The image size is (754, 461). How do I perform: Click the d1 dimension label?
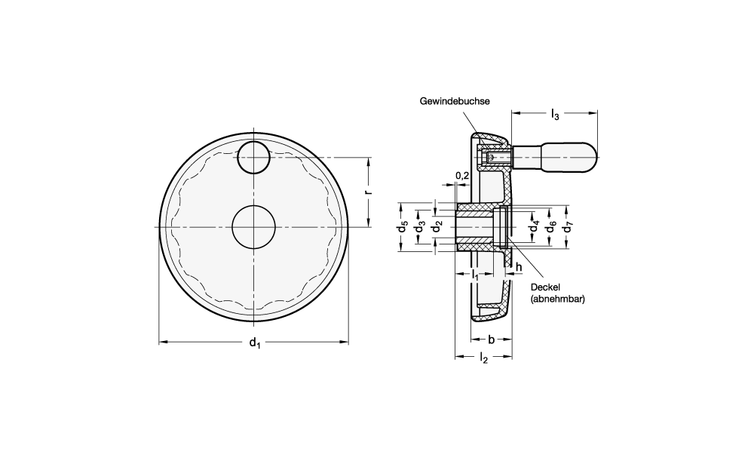click(254, 344)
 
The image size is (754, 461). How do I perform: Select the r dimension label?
click(367, 192)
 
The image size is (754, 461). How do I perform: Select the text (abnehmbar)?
click(559, 299)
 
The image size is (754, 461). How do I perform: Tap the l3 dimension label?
click(555, 114)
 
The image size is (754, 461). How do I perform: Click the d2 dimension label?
click(435, 226)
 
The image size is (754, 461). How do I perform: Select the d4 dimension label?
click(534, 226)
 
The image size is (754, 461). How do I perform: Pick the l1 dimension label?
click(475, 275)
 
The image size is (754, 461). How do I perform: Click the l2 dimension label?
click(483, 359)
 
